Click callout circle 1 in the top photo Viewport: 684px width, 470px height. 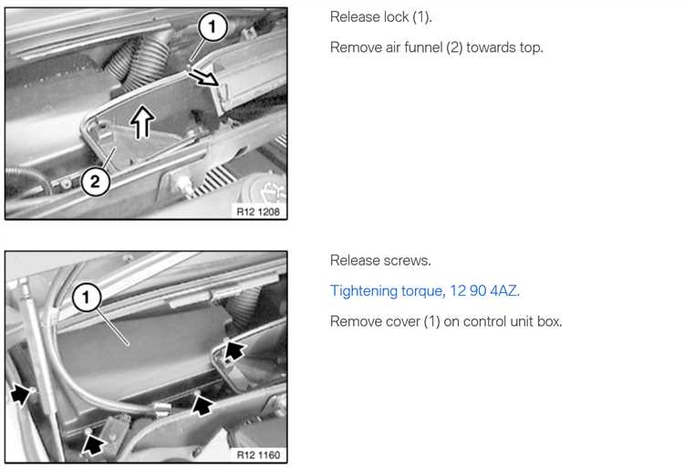point(212,26)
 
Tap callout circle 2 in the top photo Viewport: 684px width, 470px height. point(95,181)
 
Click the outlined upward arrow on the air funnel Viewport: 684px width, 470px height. point(142,122)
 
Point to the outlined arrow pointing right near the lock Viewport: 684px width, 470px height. point(203,78)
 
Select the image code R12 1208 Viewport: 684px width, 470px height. point(258,212)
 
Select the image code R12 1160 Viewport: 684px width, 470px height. point(258,455)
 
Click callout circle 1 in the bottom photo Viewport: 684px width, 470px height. point(87,298)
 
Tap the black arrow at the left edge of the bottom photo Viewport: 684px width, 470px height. point(20,393)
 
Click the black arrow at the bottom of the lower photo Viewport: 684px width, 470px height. point(93,444)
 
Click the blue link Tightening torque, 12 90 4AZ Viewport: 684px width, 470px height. point(425,290)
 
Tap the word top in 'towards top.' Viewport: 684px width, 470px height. point(531,47)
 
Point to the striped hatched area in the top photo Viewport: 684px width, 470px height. point(213,180)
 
